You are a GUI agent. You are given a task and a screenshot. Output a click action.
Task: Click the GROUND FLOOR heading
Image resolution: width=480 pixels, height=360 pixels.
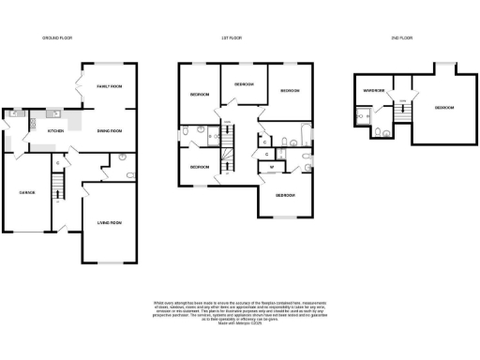pyautogui.click(x=57, y=38)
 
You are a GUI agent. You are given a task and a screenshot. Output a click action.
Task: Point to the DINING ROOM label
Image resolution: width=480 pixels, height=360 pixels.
pyautogui.click(x=111, y=131)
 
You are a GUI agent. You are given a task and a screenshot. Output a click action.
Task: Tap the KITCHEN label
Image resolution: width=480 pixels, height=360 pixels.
pyautogui.click(x=55, y=131)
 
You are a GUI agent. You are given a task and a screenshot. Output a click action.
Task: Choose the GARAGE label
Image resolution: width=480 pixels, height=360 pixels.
pyautogui.click(x=26, y=193)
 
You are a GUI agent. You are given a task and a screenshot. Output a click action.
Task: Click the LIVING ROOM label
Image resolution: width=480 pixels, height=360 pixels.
pyautogui.click(x=110, y=222)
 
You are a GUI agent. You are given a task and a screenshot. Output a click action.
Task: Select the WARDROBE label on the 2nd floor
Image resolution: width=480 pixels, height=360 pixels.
pyautogui.click(x=375, y=91)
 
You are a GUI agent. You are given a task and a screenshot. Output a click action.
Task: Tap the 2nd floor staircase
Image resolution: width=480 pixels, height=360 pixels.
pyautogui.click(x=405, y=112)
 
